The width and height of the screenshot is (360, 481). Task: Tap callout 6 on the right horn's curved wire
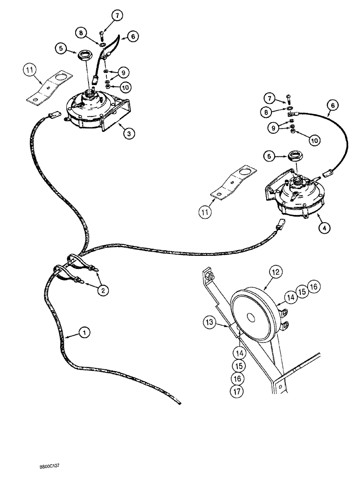click(331, 104)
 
